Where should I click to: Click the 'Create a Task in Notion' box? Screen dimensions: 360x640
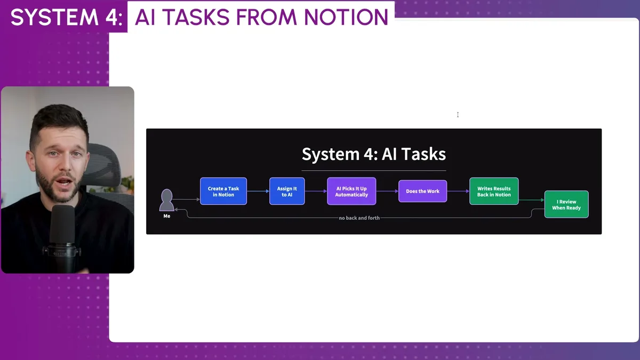pos(223,191)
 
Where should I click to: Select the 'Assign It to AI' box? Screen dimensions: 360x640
pos(287,191)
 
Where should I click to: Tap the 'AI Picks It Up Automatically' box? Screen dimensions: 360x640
pos(351,191)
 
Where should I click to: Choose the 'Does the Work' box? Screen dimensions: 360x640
pos(422,191)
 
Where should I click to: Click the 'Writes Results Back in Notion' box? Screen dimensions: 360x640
pos(494,191)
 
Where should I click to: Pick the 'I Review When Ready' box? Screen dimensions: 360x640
pos(566,204)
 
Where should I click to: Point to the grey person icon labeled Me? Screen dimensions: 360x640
pos(167,200)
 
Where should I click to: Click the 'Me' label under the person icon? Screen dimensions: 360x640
pos(167,216)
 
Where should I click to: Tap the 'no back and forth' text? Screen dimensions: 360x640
pos(359,218)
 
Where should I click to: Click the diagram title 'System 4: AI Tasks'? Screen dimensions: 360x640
pos(373,155)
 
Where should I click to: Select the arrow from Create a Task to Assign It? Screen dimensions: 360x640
pos(258,191)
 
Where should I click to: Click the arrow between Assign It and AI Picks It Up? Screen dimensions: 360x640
pos(316,191)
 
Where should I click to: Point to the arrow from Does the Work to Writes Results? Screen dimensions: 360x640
pos(458,191)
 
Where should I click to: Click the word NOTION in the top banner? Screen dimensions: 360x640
pos(346,18)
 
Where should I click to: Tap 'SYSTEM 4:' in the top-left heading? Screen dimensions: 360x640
pos(67,18)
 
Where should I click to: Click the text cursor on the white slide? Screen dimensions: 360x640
pos(458,115)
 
